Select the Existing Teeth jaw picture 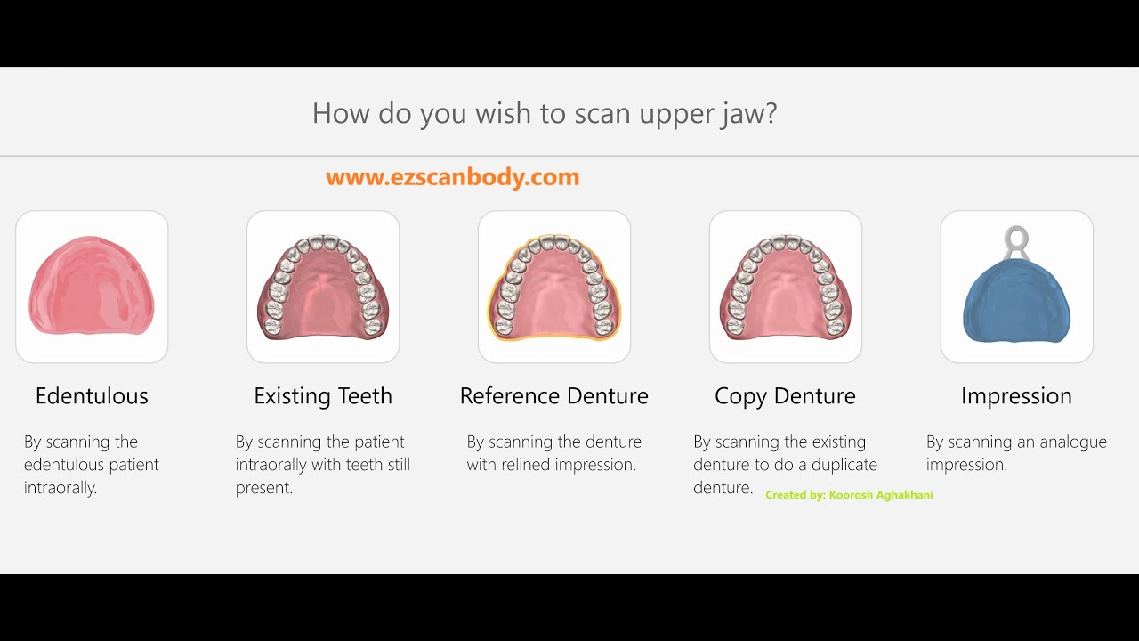click(x=323, y=287)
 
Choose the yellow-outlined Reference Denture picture click(x=554, y=287)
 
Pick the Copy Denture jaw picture click(x=786, y=287)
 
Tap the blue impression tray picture click(x=1017, y=298)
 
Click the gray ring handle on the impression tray click(x=1017, y=239)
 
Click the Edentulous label click(x=92, y=396)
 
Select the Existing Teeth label click(x=323, y=396)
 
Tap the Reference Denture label click(x=554, y=396)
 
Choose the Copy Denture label click(x=785, y=396)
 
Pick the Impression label click(x=1016, y=396)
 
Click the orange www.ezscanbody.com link click(x=453, y=177)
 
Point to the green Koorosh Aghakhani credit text click(x=849, y=495)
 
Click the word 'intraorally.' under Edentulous click(x=61, y=488)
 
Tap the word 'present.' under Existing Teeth click(x=264, y=488)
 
